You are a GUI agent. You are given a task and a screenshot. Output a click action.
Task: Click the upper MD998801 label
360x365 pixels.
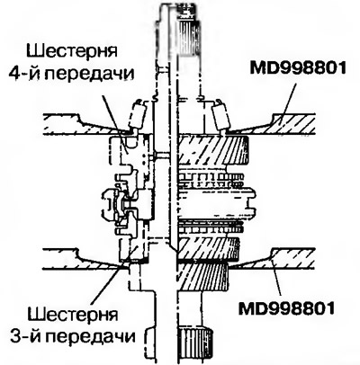click(298, 68)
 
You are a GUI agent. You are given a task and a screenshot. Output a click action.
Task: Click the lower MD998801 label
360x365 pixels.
click(286, 308)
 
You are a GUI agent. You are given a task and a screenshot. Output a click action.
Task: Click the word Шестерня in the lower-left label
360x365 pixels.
click(73, 315)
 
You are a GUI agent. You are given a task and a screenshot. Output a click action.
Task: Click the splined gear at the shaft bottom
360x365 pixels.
click(196, 344)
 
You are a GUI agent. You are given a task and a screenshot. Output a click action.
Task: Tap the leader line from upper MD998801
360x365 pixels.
click(287, 102)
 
